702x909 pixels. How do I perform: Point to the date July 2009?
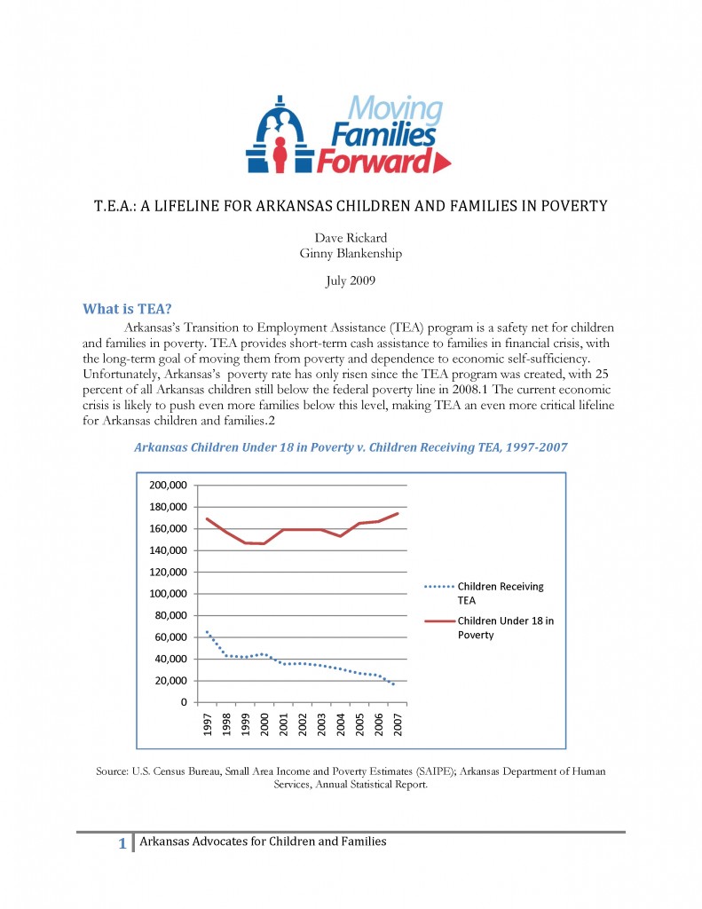point(351,281)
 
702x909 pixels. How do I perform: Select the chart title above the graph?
point(351,447)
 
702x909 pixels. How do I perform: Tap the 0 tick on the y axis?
point(183,702)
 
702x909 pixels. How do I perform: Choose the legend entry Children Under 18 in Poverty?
point(504,628)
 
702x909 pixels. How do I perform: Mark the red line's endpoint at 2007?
point(398,513)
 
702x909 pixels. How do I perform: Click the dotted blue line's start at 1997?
point(207,632)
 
